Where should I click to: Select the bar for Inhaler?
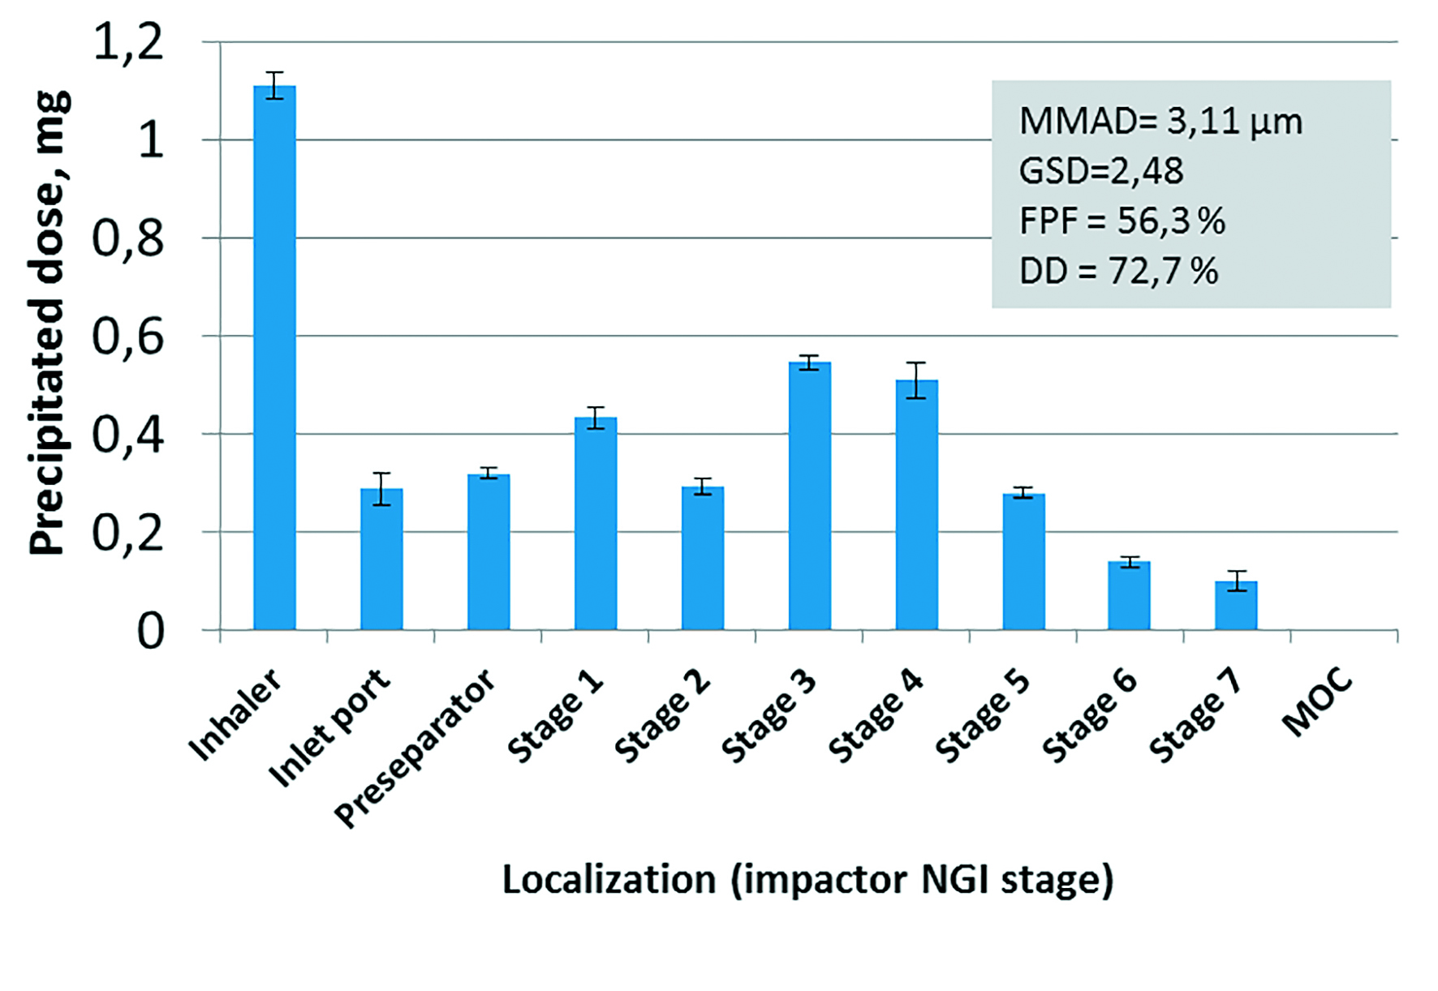coord(274,357)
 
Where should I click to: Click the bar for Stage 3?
coord(810,495)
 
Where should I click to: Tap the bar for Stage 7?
coord(1236,605)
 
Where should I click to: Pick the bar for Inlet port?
coord(381,559)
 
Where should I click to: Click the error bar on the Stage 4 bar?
coord(917,380)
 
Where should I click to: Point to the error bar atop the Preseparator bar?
coord(489,474)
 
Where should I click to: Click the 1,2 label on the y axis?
coord(128,43)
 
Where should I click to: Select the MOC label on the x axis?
coord(1317,701)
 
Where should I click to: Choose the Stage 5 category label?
coord(983,717)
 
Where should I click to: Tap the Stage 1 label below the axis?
coord(556,717)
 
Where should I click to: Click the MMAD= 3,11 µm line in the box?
coord(1160,122)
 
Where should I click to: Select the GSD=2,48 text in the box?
coord(1101,171)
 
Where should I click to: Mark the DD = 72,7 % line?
coord(1118,271)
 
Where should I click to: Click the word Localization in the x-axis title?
coord(609,880)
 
